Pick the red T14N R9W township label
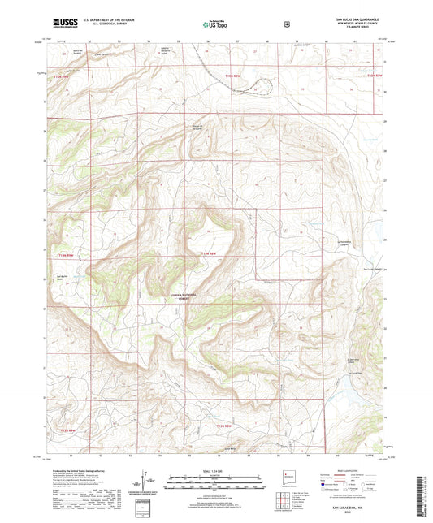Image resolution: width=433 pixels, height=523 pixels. tap(65, 256)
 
